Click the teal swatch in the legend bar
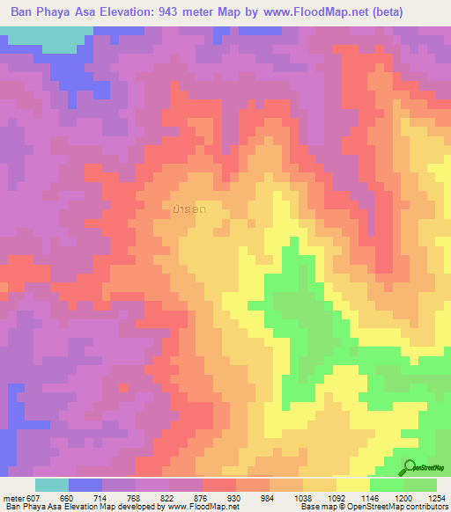coord(51,485)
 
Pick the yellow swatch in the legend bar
coord(352,485)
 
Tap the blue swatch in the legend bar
coord(85,485)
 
